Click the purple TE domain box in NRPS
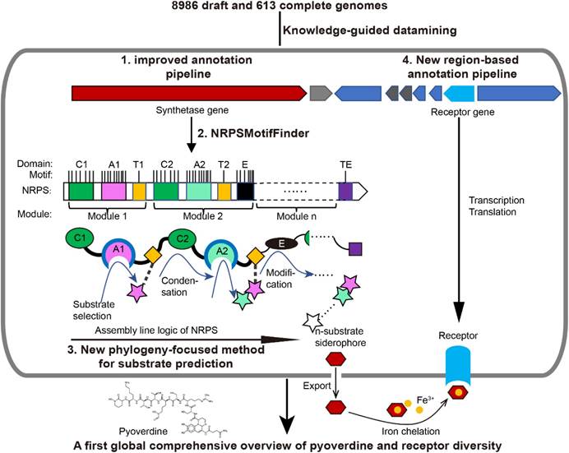pyautogui.click(x=346, y=191)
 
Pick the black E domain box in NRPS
pyautogui.click(x=245, y=191)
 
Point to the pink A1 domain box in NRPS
pyautogui.click(x=113, y=191)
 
